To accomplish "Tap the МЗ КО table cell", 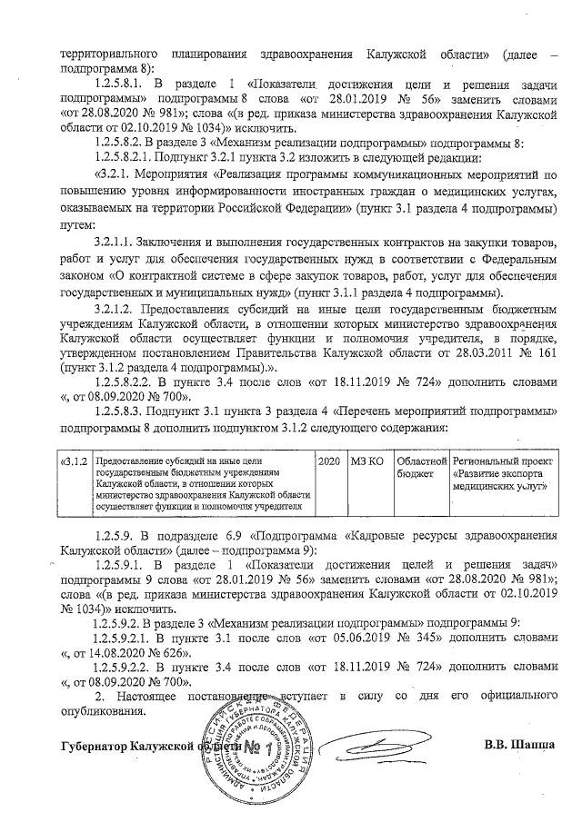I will (x=368, y=462).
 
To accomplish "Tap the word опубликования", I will (x=101, y=709).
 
